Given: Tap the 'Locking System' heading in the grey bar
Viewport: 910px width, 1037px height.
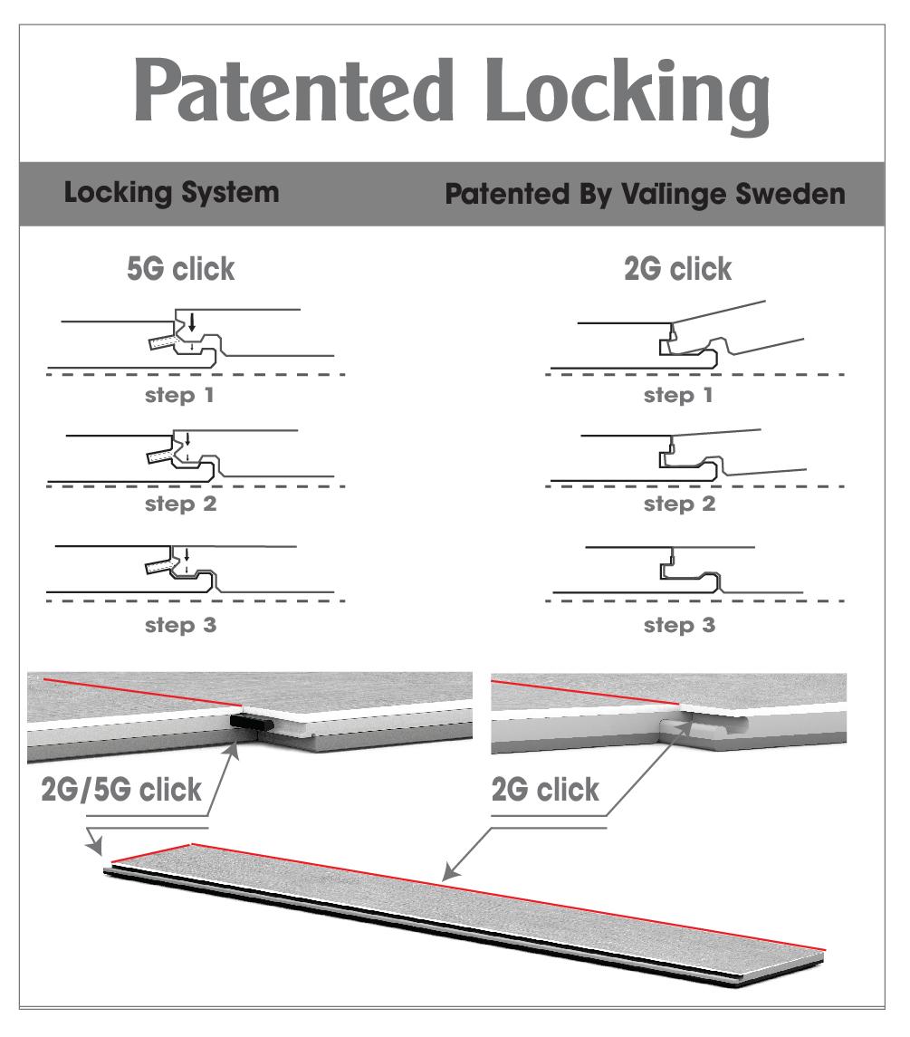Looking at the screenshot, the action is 172,196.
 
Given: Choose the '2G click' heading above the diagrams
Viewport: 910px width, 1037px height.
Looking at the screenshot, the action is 680,271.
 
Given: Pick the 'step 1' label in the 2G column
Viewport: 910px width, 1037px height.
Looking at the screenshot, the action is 679,396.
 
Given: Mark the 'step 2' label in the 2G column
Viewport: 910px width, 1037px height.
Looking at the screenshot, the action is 679,505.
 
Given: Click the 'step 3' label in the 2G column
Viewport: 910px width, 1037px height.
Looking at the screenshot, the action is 679,625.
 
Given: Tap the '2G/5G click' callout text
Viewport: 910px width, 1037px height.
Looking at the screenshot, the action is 121,790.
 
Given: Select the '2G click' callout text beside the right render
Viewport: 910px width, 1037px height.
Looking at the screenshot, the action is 545,790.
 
